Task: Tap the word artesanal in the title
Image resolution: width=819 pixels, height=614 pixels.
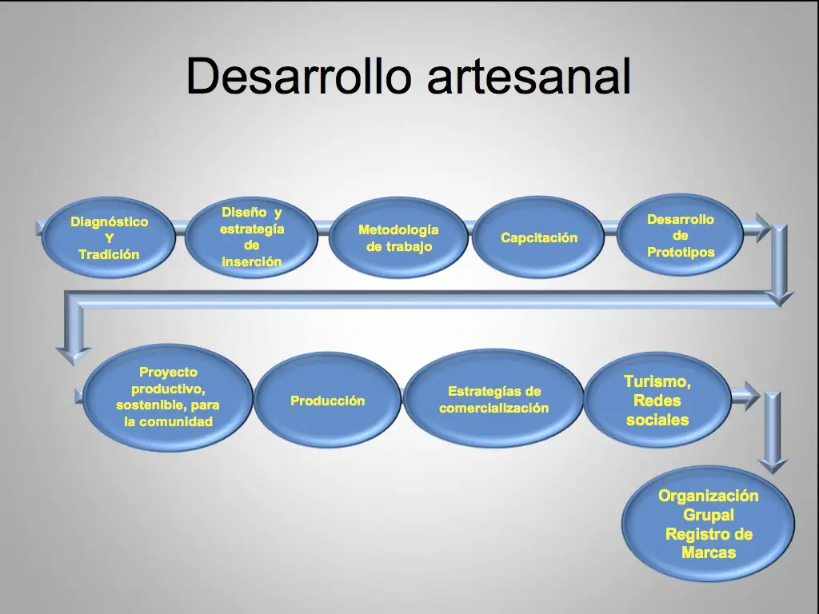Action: (529, 76)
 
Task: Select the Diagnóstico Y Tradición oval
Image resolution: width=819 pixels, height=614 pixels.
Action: (109, 237)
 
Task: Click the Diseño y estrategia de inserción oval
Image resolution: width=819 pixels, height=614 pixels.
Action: (251, 237)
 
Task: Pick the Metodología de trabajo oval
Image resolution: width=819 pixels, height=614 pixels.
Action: (398, 237)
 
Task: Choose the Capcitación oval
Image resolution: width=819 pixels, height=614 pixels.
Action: (538, 237)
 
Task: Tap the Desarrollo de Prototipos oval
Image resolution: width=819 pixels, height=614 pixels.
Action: (680, 235)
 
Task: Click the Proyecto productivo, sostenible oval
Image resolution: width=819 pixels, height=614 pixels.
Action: (168, 397)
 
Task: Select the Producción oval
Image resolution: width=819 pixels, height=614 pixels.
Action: (327, 401)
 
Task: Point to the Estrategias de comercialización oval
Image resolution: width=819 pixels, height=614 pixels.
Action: (493, 400)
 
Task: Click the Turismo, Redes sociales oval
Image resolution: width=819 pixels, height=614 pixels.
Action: (657, 400)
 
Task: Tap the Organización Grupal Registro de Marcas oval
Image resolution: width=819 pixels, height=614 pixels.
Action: (709, 524)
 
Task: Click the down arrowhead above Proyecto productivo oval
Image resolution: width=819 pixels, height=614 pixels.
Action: (74, 356)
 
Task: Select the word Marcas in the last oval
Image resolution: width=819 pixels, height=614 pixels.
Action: (709, 552)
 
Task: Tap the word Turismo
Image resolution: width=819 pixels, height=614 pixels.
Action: (657, 381)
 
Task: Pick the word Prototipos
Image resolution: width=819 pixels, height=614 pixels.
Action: (681, 252)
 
